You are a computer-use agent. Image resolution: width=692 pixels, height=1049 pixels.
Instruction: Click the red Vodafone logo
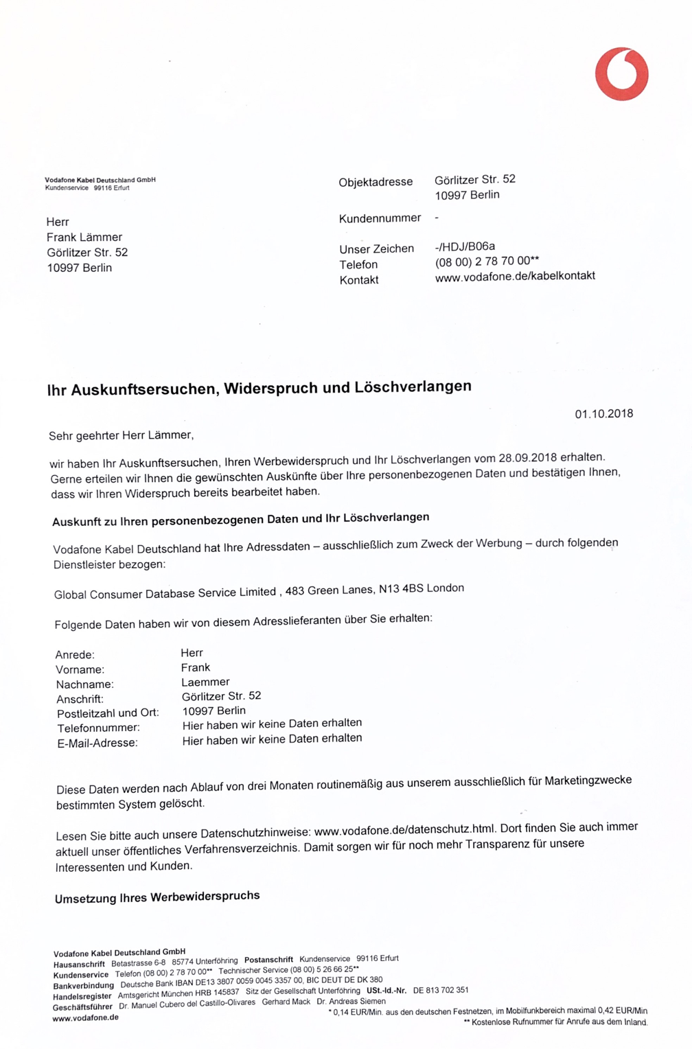(x=621, y=74)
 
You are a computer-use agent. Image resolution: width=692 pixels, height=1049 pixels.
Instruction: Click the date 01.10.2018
(x=603, y=414)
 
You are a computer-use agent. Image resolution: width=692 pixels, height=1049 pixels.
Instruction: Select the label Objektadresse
(x=376, y=182)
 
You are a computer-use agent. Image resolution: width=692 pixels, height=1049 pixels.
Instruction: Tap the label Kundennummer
(x=380, y=218)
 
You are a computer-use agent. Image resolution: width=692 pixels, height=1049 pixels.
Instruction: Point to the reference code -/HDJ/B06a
(x=465, y=246)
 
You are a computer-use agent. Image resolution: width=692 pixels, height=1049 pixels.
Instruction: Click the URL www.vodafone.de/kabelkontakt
(x=515, y=276)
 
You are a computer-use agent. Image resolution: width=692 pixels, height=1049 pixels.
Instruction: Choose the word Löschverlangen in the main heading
(x=413, y=387)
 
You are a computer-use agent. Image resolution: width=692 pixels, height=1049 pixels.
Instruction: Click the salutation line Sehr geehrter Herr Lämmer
(x=121, y=435)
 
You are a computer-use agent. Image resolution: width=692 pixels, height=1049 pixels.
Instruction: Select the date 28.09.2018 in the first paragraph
(x=527, y=458)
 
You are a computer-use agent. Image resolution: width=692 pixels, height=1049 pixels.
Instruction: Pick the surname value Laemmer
(x=205, y=682)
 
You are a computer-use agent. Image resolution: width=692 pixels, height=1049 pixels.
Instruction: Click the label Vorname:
(x=80, y=669)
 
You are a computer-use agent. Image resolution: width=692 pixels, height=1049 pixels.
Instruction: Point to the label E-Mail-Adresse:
(x=97, y=743)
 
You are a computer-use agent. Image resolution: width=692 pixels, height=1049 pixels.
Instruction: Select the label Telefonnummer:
(x=98, y=728)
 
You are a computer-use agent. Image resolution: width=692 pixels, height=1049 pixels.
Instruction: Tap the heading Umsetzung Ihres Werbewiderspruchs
(x=157, y=897)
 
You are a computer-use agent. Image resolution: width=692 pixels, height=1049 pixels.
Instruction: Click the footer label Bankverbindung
(x=83, y=985)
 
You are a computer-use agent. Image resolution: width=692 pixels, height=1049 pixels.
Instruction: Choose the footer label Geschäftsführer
(x=82, y=1006)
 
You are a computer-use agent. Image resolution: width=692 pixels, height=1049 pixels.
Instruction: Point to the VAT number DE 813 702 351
(x=441, y=990)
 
